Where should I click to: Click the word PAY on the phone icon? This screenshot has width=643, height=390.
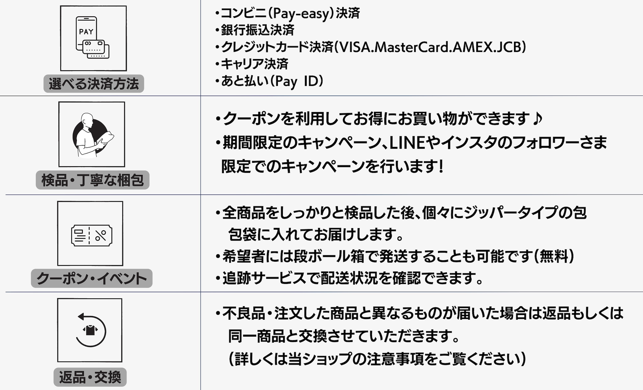click(x=86, y=32)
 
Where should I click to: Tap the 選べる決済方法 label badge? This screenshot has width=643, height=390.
click(x=94, y=84)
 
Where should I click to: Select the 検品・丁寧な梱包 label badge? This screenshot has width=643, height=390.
click(x=93, y=180)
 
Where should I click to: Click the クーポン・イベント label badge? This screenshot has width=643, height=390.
click(x=91, y=278)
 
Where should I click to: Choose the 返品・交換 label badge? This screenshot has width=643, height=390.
click(x=90, y=377)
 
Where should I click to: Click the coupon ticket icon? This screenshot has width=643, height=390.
click(x=91, y=235)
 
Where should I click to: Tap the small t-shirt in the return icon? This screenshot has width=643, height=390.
click(x=90, y=330)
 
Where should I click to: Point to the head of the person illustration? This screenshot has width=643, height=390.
click(x=87, y=120)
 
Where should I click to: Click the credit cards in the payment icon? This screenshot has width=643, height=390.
click(x=97, y=50)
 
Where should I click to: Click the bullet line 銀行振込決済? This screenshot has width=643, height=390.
click(x=257, y=30)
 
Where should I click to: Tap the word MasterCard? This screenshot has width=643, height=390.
click(x=411, y=47)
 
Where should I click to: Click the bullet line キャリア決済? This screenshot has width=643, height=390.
click(x=254, y=64)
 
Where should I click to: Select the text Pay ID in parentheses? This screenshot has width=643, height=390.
click(x=297, y=81)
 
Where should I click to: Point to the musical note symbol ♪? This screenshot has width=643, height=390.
click(x=538, y=119)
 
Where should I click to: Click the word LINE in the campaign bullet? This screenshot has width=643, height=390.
click(x=407, y=143)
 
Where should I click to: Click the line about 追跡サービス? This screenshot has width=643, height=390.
click(x=352, y=278)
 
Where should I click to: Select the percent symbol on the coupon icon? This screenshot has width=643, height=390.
click(x=101, y=235)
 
